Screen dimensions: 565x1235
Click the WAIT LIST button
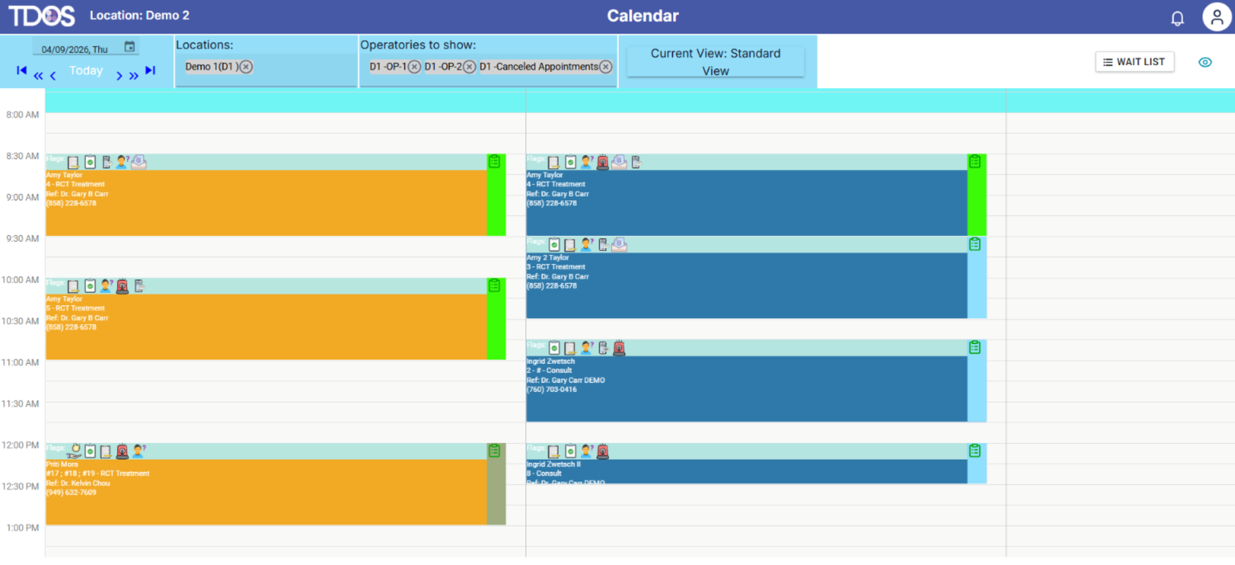coord(1134,62)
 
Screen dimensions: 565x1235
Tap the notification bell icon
coord(1177,19)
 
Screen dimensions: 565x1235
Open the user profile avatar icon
coord(1216,17)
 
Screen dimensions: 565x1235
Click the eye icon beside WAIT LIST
coord(1205,62)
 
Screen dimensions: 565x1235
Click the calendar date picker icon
coord(130,47)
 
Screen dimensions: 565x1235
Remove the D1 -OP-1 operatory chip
coord(415,67)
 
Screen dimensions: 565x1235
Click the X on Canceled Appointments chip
coord(605,67)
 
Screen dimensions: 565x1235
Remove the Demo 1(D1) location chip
coord(246,67)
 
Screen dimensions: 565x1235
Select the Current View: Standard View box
coord(715,62)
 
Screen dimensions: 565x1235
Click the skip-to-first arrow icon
coord(21,70)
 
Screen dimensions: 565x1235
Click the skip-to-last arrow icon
coord(150,70)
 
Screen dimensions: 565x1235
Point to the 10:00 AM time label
coord(20,280)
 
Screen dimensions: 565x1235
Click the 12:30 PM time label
coord(20,486)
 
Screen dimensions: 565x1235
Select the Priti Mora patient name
coord(62,464)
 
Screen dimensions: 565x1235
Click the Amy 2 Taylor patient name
coord(547,257)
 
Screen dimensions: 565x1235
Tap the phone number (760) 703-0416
coord(552,389)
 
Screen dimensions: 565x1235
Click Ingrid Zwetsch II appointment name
coord(554,464)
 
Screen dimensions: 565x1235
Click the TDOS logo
coord(41,16)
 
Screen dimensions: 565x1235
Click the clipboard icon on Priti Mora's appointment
coord(494,451)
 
